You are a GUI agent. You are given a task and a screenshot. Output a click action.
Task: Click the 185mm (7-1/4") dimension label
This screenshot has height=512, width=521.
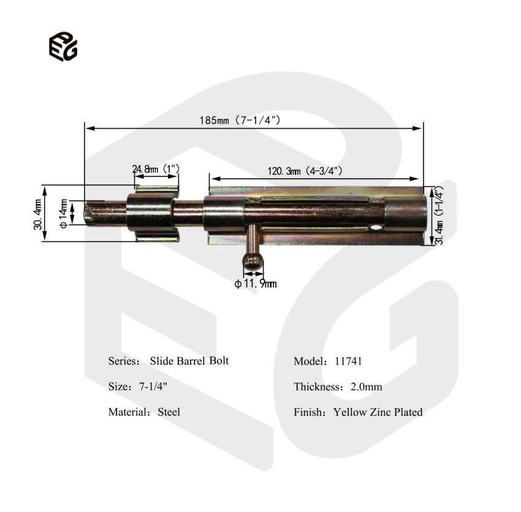tap(239, 121)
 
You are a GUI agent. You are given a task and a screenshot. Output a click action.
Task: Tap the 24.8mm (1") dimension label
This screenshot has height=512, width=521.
tap(156, 169)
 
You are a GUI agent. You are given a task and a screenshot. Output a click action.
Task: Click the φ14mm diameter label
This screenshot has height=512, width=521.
tap(63, 214)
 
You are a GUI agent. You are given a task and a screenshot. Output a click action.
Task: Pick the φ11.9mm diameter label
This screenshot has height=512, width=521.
tap(256, 284)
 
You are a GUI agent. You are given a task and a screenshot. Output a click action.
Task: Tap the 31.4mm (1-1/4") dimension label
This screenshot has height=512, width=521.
tap(439, 216)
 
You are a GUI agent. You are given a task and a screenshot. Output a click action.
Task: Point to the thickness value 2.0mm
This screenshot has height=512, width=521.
tap(366, 387)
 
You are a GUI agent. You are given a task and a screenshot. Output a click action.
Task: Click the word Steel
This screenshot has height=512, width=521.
tap(169, 412)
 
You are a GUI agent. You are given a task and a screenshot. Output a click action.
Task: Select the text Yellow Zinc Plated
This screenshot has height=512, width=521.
tap(378, 412)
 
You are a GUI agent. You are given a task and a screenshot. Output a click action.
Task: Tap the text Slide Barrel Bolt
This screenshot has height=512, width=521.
tap(189, 361)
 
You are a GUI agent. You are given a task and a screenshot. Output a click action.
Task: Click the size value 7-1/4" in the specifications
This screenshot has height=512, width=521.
tap(150, 387)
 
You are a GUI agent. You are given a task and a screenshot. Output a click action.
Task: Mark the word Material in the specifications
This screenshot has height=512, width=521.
tap(127, 412)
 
